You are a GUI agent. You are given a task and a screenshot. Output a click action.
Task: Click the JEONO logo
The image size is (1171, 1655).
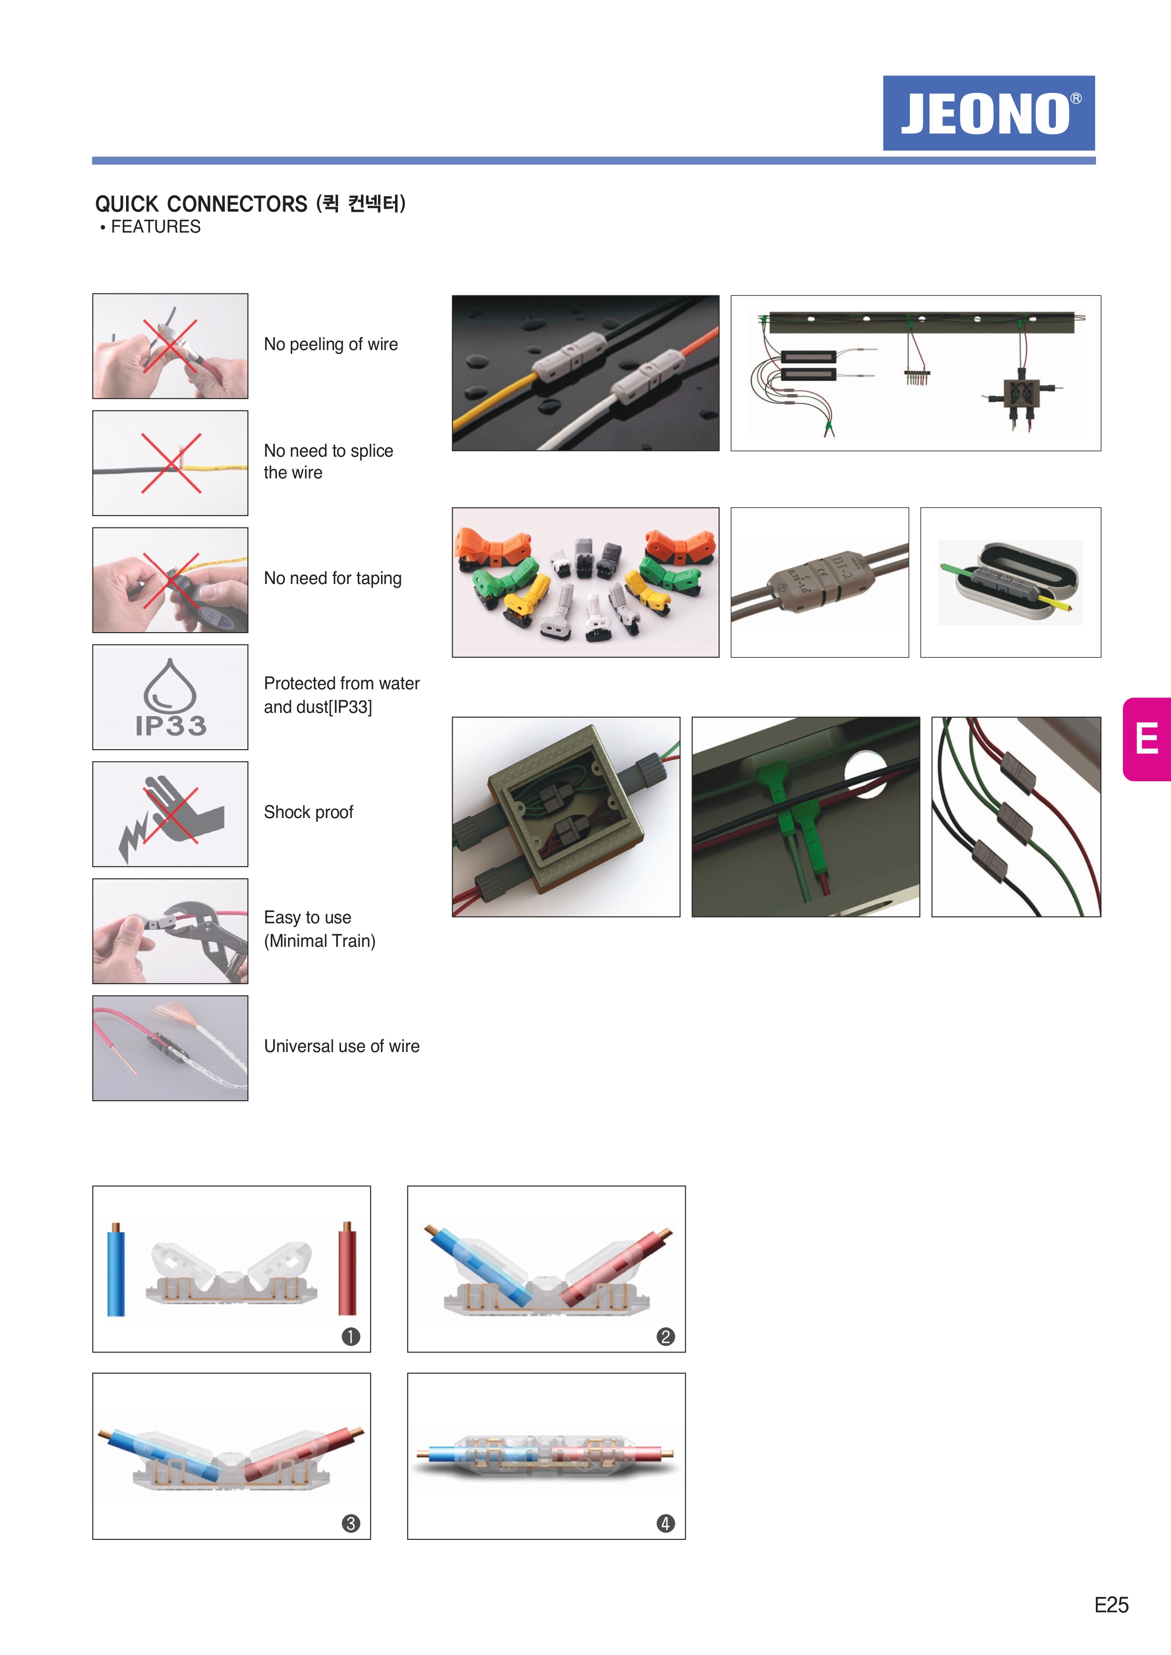point(988,113)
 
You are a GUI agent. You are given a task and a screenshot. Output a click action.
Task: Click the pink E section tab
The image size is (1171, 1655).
point(1146,739)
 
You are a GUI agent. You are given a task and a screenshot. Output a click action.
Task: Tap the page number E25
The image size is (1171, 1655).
point(1111,1605)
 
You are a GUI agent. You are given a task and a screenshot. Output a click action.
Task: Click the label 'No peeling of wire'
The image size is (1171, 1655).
point(331,344)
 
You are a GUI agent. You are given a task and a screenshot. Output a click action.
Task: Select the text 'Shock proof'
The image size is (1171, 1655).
point(309,812)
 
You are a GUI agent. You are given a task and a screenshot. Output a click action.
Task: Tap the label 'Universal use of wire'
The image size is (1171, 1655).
point(342,1046)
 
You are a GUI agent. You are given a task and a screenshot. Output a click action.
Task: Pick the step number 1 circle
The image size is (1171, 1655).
point(350,1337)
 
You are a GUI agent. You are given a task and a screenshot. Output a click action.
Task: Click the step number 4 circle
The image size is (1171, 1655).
point(666,1524)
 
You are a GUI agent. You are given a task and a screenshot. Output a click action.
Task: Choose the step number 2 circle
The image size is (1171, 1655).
point(666,1337)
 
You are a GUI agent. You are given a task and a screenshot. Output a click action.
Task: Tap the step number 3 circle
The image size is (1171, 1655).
point(350,1524)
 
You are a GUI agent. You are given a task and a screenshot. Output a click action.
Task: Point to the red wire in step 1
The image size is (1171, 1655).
point(347,1268)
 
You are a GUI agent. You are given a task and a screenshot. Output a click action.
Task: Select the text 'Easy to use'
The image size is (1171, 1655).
point(308,918)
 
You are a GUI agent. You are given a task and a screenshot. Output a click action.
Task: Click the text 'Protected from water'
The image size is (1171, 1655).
point(342,683)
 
